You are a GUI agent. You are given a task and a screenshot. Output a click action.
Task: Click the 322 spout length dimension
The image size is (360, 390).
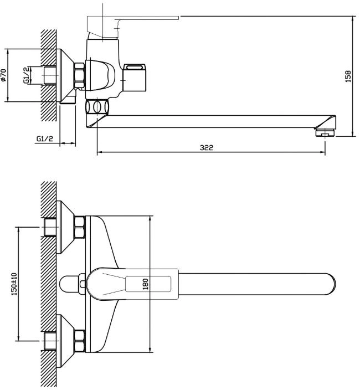[207, 147]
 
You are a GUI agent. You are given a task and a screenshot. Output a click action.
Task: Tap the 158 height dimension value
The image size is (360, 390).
[348, 76]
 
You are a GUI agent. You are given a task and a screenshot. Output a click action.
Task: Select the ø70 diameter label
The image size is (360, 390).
[3, 75]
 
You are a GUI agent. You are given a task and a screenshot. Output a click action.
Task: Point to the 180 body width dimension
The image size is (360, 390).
[146, 284]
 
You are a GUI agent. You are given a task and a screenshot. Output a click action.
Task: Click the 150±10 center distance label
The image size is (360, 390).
[14, 284]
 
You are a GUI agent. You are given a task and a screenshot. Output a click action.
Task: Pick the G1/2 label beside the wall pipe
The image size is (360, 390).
[27, 75]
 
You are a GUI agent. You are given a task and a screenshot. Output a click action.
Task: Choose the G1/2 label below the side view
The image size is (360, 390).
[45, 138]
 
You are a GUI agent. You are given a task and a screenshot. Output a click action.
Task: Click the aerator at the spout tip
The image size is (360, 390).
[325, 132]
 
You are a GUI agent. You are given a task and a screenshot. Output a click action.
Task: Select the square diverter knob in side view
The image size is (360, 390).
[135, 78]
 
